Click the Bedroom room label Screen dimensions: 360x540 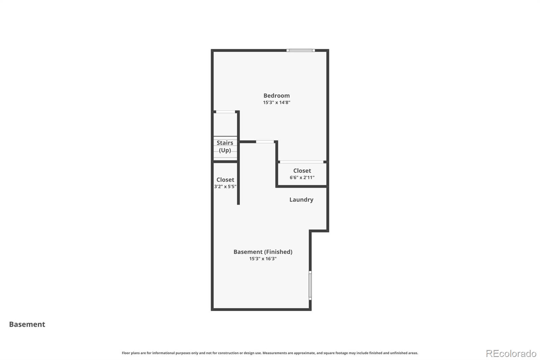pos(276,96)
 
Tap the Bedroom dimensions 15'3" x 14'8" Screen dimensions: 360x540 pos(276,102)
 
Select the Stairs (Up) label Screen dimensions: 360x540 pos(225,147)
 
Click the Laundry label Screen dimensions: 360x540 pos(301,200)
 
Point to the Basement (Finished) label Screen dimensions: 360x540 pos(263,252)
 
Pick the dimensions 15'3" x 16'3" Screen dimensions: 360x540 pos(263,259)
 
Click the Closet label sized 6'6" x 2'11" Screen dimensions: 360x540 pos(302,171)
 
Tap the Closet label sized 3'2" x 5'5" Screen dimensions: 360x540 pos(225,180)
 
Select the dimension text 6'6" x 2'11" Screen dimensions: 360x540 pos(302,177)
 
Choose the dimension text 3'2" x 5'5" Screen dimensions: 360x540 pos(225,186)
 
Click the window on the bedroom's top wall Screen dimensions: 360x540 pos(301,51)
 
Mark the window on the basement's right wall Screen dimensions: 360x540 pos(310,285)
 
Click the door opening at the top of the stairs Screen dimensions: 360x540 pos(225,112)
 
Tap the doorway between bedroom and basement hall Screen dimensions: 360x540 pos(265,142)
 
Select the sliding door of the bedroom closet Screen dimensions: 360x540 pos(301,162)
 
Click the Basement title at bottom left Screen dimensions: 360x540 pos(27,324)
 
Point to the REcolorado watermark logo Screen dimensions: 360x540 pos(511,354)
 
